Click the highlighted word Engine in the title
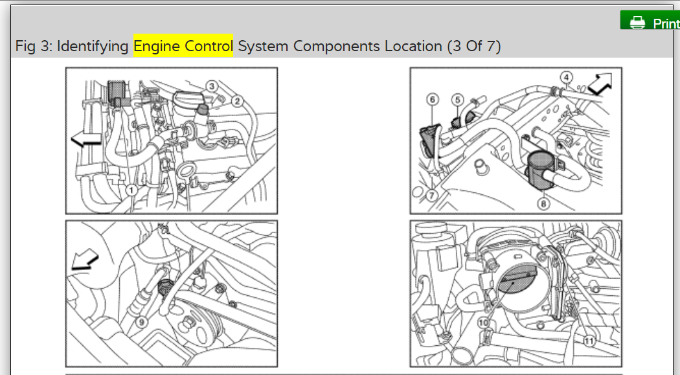click(x=155, y=46)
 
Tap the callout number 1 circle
click(x=131, y=190)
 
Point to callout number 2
click(x=238, y=100)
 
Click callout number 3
click(x=212, y=85)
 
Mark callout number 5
click(x=457, y=99)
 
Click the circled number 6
click(x=433, y=99)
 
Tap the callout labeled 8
click(x=542, y=203)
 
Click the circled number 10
click(x=483, y=322)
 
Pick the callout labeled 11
click(x=589, y=338)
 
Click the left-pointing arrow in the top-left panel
click(x=85, y=138)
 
